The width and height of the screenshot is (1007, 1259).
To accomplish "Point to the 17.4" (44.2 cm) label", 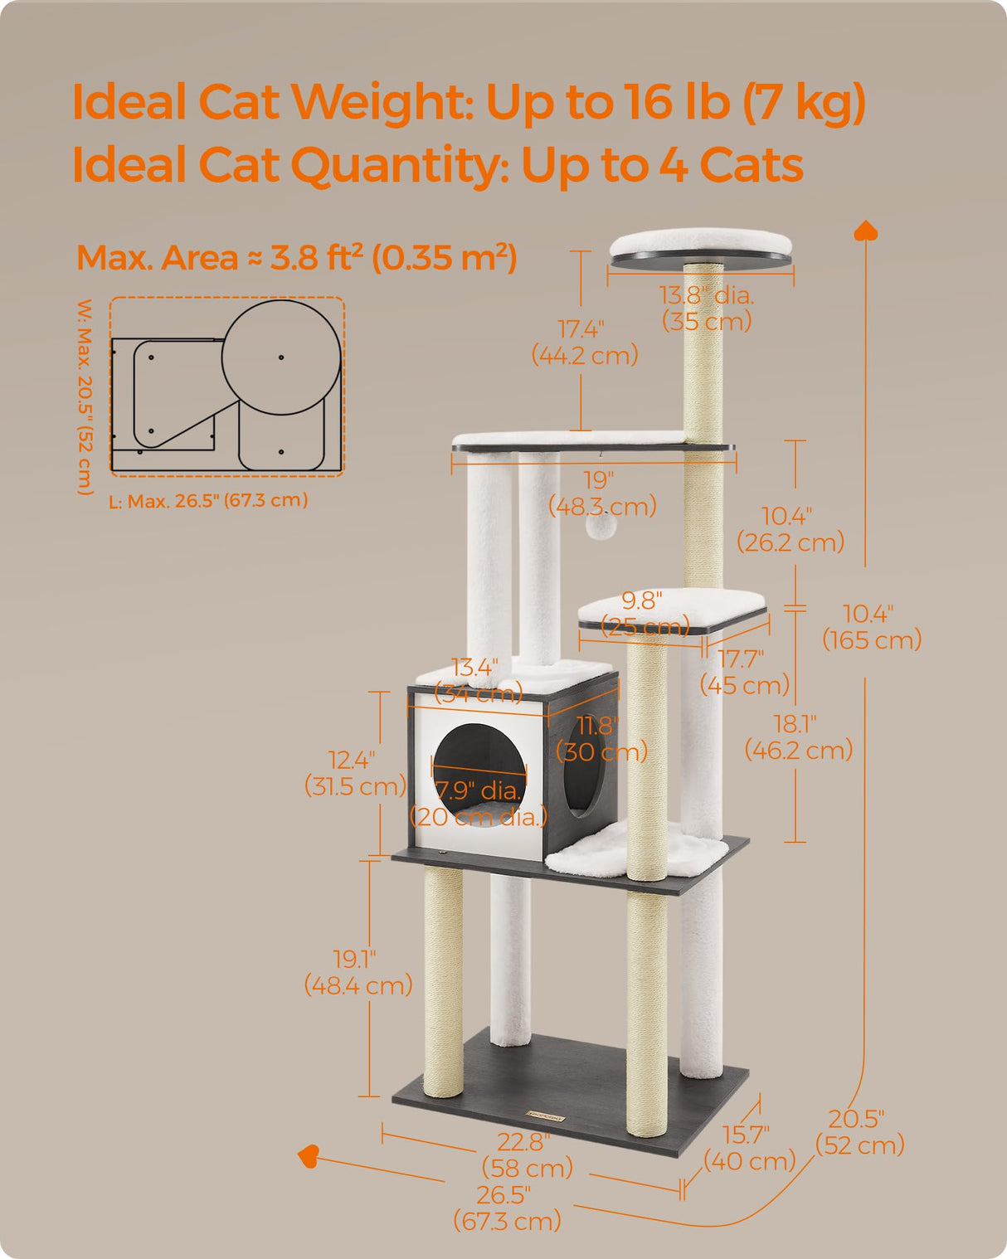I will [584, 343].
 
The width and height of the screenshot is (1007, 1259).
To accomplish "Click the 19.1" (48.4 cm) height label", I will [358, 972].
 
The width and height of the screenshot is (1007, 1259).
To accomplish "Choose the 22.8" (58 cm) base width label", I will [527, 1154].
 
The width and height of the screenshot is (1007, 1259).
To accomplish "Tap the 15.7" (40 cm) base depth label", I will [748, 1147].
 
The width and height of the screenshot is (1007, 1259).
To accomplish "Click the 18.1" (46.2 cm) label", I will [798, 736].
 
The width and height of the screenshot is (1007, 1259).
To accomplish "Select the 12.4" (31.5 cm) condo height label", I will [354, 772].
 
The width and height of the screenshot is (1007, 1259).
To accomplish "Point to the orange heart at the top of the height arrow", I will [866, 231].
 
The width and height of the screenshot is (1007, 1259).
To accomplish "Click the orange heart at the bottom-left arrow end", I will [309, 1155].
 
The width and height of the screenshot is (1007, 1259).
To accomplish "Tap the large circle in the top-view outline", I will [281, 357].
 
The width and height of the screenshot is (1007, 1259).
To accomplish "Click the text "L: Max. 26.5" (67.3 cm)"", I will [208, 500].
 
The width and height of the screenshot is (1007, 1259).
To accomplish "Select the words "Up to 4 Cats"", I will [662, 165].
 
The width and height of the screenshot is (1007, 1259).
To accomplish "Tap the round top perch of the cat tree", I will [701, 246].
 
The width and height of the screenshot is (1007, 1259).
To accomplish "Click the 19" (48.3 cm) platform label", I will [601, 493].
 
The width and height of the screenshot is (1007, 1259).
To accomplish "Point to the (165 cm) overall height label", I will [872, 640].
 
